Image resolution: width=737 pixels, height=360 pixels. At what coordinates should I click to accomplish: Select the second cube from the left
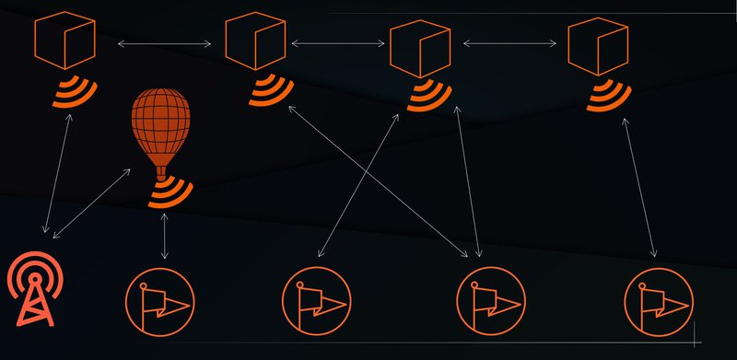click(x=255, y=42)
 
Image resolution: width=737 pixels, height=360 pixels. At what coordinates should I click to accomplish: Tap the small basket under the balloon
click(x=162, y=172)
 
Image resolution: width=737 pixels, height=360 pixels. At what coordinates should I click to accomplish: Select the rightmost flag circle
click(x=658, y=302)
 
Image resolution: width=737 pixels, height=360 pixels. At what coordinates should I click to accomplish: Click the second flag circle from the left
click(x=316, y=302)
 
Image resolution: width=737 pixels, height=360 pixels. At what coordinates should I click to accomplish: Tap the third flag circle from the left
click(x=491, y=302)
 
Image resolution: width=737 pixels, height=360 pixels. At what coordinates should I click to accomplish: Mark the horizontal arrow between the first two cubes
click(x=159, y=43)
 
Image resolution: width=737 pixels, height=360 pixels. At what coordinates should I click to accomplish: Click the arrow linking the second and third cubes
click(x=337, y=42)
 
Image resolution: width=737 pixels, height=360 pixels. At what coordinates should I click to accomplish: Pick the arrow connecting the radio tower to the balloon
click(x=92, y=203)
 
